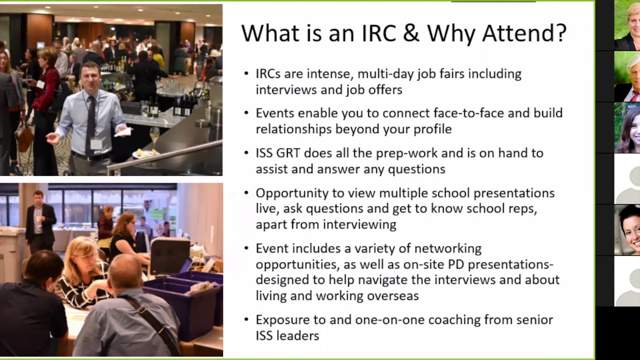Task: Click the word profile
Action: point(432,129)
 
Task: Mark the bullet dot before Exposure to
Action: point(246,319)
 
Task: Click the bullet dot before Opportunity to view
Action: point(246,193)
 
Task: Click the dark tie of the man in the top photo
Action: point(91,122)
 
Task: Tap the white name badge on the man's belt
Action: point(96,144)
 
